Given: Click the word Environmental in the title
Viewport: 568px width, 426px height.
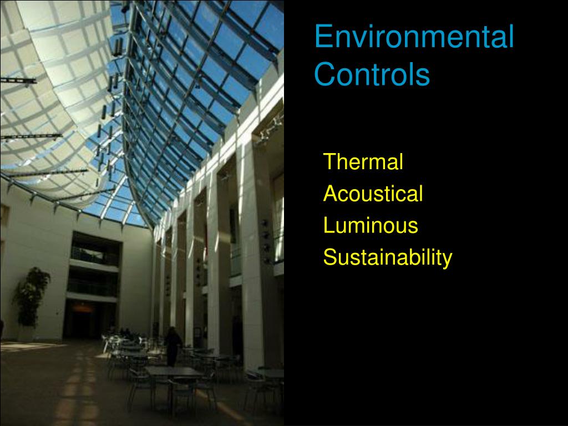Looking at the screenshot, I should [x=414, y=37].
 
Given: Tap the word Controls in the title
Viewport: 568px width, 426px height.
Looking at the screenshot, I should [x=372, y=74].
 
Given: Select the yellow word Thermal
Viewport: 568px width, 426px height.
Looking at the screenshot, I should [x=363, y=162].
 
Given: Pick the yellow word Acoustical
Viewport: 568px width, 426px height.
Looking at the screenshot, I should [x=373, y=194].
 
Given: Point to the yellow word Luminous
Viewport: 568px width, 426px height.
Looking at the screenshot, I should [x=371, y=226].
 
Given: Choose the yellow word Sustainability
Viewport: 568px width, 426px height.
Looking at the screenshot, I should [x=388, y=258].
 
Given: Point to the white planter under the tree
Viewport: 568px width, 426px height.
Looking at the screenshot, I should [x=26, y=333].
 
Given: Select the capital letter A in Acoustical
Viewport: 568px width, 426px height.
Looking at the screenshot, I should [x=329, y=194].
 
